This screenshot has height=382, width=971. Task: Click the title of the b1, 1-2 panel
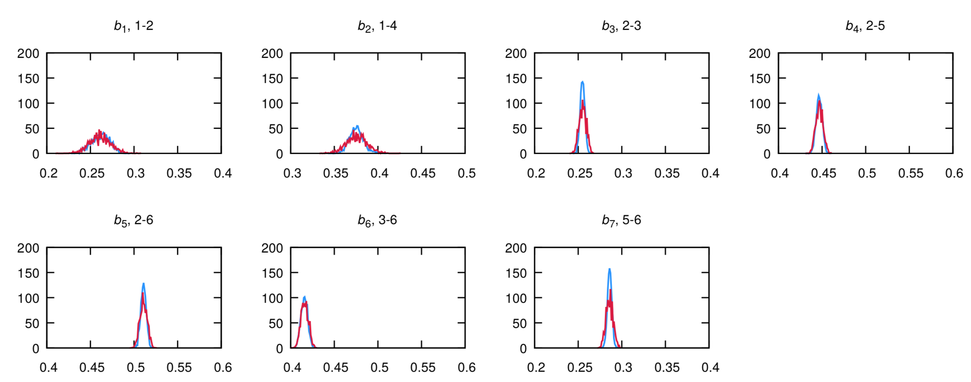[133, 26]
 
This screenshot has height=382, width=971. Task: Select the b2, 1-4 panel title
[377, 26]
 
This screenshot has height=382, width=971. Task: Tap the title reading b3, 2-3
[621, 26]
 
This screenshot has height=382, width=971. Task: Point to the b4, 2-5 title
[865, 26]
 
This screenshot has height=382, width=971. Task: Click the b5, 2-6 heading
[133, 221]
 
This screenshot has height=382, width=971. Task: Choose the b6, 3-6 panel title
[377, 221]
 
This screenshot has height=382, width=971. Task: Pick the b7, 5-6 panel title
[621, 221]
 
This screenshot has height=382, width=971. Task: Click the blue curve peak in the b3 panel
[582, 82]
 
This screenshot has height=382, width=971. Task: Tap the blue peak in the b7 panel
[609, 269]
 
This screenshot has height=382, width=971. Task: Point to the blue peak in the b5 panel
[144, 283]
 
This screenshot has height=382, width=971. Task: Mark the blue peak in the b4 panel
[818, 95]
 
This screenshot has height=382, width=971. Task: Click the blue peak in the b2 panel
[357, 126]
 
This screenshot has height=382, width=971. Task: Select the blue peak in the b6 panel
[305, 296]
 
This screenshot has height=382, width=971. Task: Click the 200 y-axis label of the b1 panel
[28, 54]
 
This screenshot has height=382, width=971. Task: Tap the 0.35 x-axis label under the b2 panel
[335, 174]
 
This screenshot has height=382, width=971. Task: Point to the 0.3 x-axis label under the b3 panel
[623, 174]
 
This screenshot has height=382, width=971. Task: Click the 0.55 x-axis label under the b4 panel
[911, 174]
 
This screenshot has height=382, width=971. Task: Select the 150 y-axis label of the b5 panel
[28, 273]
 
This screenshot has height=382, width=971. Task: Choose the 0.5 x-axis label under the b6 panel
[379, 368]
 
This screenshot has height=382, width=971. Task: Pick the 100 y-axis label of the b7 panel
[516, 298]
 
